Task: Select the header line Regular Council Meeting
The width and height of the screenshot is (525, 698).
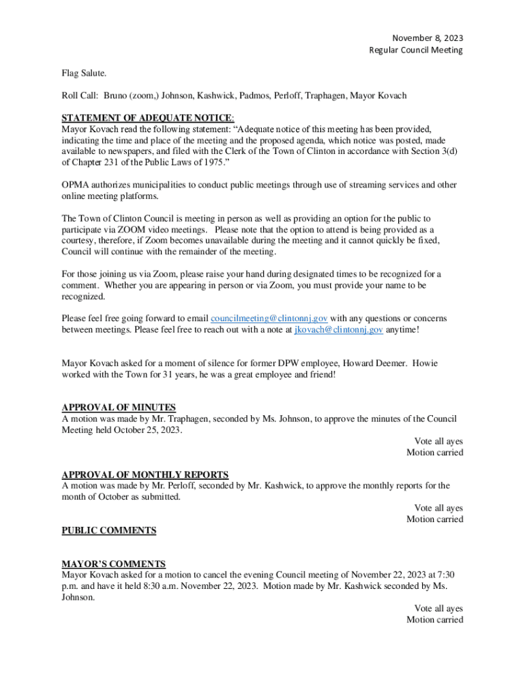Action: [416, 50]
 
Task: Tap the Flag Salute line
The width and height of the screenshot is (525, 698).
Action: [85, 72]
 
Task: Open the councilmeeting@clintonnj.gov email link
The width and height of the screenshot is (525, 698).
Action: [269, 318]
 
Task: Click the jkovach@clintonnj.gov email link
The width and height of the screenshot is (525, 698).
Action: [338, 330]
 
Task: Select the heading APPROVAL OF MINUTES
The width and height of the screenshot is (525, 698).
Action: [119, 408]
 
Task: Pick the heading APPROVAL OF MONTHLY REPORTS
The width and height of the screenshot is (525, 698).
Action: [145, 474]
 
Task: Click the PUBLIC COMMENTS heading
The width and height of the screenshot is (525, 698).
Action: [109, 530]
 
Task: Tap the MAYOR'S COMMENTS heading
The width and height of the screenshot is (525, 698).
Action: [114, 564]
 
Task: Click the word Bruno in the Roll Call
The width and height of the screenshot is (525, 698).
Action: [118, 95]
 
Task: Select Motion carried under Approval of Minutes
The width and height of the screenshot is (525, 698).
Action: [435, 453]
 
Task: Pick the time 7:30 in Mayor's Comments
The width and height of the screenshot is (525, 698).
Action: [445, 575]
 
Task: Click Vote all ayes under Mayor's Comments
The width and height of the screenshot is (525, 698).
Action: [438, 608]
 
